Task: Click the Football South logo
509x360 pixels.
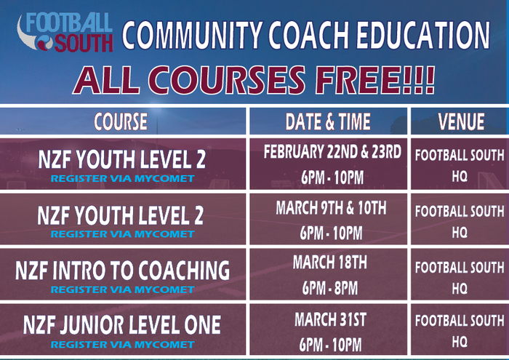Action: (x=65, y=32)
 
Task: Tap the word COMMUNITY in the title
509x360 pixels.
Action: (x=192, y=35)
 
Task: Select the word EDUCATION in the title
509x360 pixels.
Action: (x=422, y=35)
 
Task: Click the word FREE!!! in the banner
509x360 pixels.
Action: (x=375, y=80)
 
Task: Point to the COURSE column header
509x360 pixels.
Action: (x=121, y=121)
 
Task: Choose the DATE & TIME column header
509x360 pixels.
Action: (x=328, y=121)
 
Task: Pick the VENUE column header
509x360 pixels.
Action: (x=461, y=121)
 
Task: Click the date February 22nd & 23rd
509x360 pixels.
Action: (x=332, y=152)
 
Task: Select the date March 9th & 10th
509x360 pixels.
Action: (x=331, y=208)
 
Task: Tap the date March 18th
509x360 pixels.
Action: (x=330, y=263)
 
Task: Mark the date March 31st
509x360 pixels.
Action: (x=330, y=319)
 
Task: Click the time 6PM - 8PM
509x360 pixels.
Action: (x=330, y=288)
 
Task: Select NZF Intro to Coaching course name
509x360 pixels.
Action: (x=122, y=271)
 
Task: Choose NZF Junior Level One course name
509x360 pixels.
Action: (x=122, y=324)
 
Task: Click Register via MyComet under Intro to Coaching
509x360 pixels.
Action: (x=123, y=289)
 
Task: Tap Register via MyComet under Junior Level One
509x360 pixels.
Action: (x=123, y=345)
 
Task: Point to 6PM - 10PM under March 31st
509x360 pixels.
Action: (x=330, y=345)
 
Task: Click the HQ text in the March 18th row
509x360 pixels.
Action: (x=460, y=288)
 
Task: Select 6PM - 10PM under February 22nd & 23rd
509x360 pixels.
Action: (x=332, y=177)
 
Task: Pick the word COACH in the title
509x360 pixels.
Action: (x=308, y=35)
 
